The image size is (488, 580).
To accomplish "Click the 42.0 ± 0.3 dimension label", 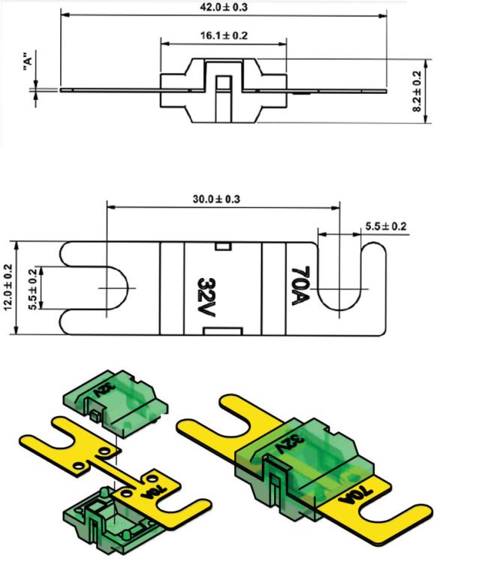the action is click(224, 7).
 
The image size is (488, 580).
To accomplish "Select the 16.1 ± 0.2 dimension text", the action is click(224, 35).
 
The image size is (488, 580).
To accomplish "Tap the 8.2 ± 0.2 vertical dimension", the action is click(417, 91).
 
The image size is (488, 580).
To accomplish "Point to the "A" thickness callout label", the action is click(28, 61).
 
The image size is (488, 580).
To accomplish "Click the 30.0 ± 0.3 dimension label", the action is click(216, 199).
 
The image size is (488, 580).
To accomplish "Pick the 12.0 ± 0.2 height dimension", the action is click(9, 288).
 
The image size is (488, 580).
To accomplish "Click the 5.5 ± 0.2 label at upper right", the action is click(386, 226).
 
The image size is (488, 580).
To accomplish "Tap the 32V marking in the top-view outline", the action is click(206, 298).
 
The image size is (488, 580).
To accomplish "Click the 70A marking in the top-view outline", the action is click(300, 286).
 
